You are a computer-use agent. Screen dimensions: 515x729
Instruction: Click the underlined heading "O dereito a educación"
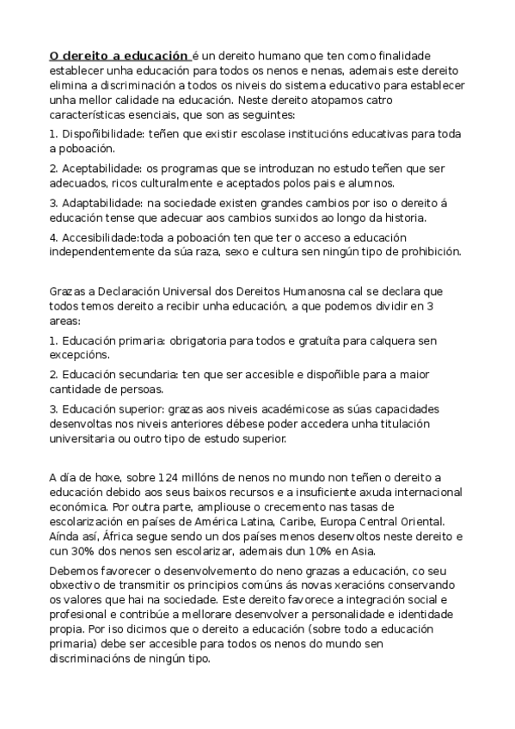118,54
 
